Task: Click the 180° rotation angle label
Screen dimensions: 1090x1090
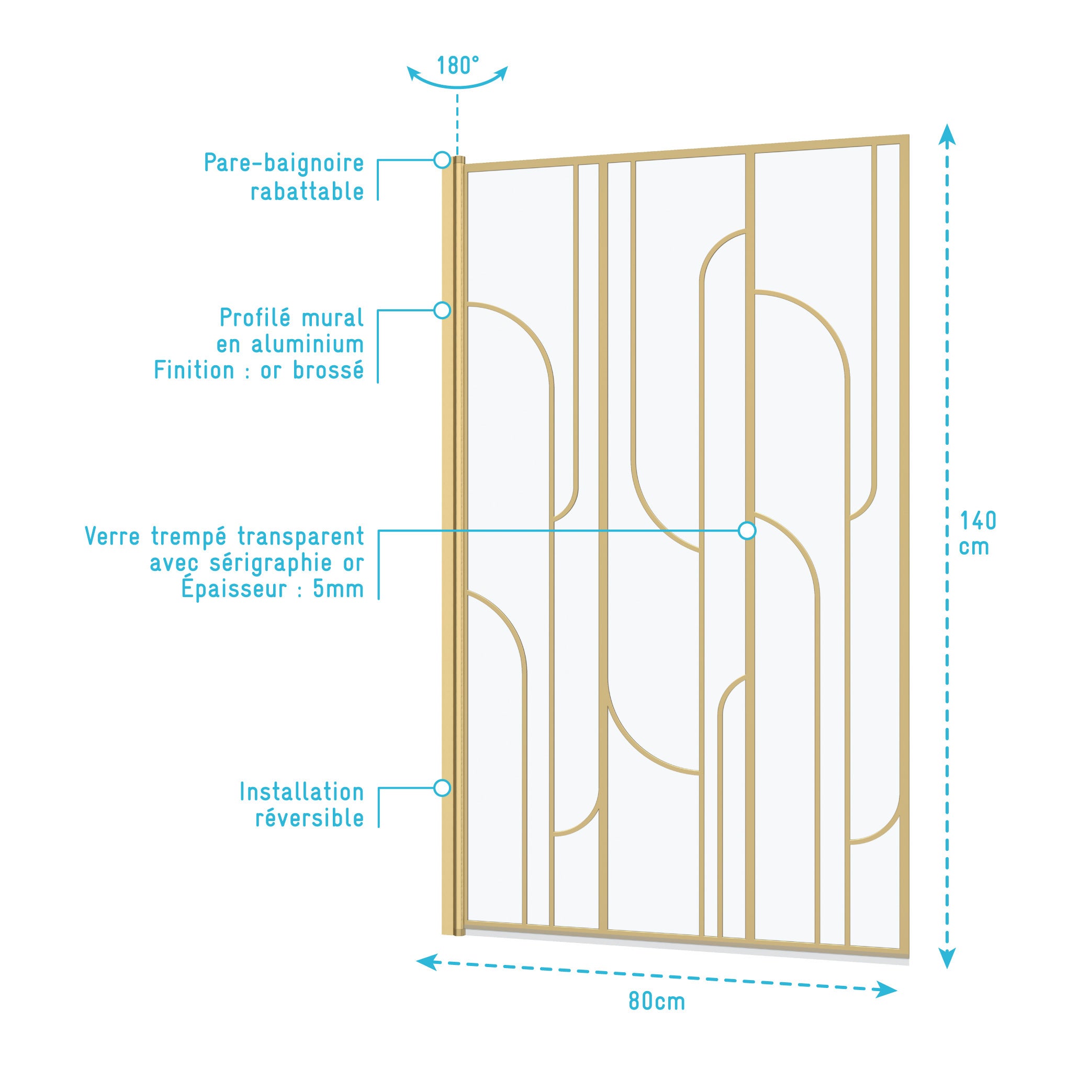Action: click(457, 65)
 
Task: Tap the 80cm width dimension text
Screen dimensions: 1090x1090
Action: click(657, 1002)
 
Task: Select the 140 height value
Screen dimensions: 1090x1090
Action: click(979, 521)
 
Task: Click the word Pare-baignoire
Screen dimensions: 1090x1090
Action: click(284, 164)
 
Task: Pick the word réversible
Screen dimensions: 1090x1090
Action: click(310, 818)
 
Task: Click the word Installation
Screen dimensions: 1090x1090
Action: click(302, 792)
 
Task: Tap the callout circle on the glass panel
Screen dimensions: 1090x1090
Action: click(747, 530)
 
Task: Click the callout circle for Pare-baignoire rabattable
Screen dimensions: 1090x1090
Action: click(442, 160)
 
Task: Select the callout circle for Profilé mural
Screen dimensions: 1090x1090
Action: click(442, 310)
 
